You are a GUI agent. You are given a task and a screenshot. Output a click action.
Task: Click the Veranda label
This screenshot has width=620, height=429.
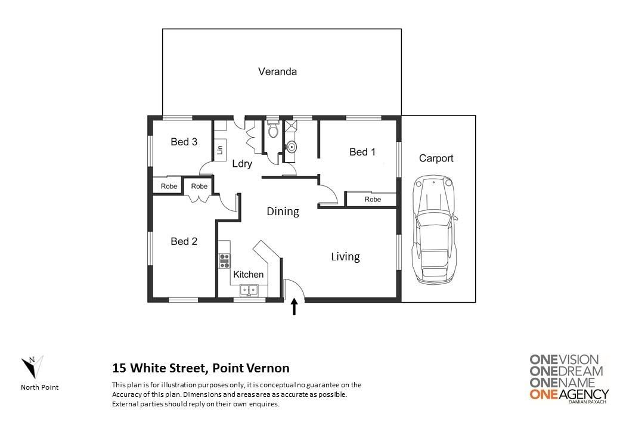[x=277, y=71]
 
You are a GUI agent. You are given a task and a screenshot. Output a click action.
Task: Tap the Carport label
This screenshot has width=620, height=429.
[x=436, y=158]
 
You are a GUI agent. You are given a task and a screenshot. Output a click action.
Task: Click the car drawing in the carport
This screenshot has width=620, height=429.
[x=435, y=231]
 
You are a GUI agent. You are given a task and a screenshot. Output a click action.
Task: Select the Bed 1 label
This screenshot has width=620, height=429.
[x=362, y=152]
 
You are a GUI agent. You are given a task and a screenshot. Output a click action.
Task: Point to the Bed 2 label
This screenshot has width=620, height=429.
[x=184, y=241]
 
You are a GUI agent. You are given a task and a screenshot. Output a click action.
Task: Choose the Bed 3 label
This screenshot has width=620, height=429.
[x=184, y=142]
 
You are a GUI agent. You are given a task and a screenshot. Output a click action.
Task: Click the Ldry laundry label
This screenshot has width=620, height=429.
[x=242, y=164]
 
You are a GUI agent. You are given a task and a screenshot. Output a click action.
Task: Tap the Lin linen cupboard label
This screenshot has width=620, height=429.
[x=220, y=150]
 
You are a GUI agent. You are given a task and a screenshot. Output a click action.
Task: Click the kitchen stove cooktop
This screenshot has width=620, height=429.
[x=225, y=261]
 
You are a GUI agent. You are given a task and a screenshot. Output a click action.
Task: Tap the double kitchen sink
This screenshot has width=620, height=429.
[x=249, y=291]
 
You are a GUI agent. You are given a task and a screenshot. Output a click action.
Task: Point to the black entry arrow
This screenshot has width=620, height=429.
[x=294, y=306]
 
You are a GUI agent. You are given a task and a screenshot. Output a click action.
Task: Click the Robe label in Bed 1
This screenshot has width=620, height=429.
[x=373, y=200]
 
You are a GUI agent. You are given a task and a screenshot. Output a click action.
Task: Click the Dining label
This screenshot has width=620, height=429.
[x=283, y=212]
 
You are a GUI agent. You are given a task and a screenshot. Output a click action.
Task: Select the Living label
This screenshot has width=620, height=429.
[x=345, y=257]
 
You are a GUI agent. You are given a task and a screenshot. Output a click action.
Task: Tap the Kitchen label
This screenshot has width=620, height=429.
[x=249, y=275]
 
